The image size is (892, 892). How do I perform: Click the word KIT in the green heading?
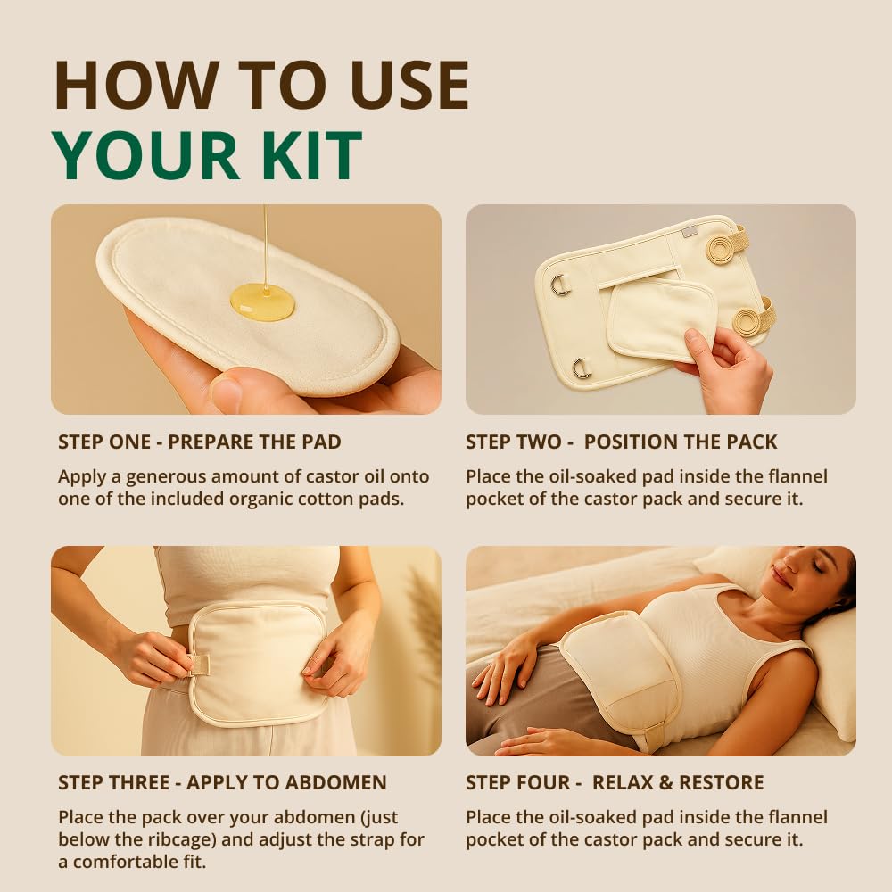pos(305,155)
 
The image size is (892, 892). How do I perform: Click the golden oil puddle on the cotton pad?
pos(262,301)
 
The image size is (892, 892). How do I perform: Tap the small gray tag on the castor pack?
pos(690,232)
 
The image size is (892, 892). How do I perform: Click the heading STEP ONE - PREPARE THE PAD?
pos(200,442)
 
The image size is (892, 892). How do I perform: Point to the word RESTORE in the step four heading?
pos(722,783)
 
